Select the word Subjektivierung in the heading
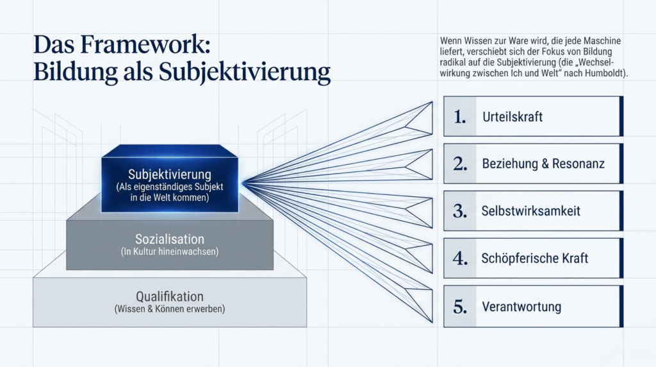pyautogui.click(x=245, y=72)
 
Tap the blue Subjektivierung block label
pyautogui.click(x=169, y=174)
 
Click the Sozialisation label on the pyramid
pyautogui.click(x=169, y=239)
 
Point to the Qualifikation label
pyautogui.click(x=169, y=296)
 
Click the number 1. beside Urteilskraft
pyautogui.click(x=460, y=117)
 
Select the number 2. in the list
pyautogui.click(x=460, y=164)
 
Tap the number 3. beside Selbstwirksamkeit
pyautogui.click(x=460, y=211)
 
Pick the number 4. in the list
pyautogui.click(x=460, y=259)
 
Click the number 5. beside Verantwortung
pyautogui.click(x=460, y=307)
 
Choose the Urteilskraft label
pyautogui.click(x=512, y=117)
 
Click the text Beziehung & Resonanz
pyautogui.click(x=543, y=164)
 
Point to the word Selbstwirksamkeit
pyautogui.click(x=531, y=210)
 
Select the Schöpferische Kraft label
pyautogui.click(x=535, y=258)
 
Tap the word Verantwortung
pyautogui.click(x=521, y=306)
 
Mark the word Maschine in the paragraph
pyautogui.click(x=602, y=41)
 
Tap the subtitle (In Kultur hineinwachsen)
pyautogui.click(x=169, y=252)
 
